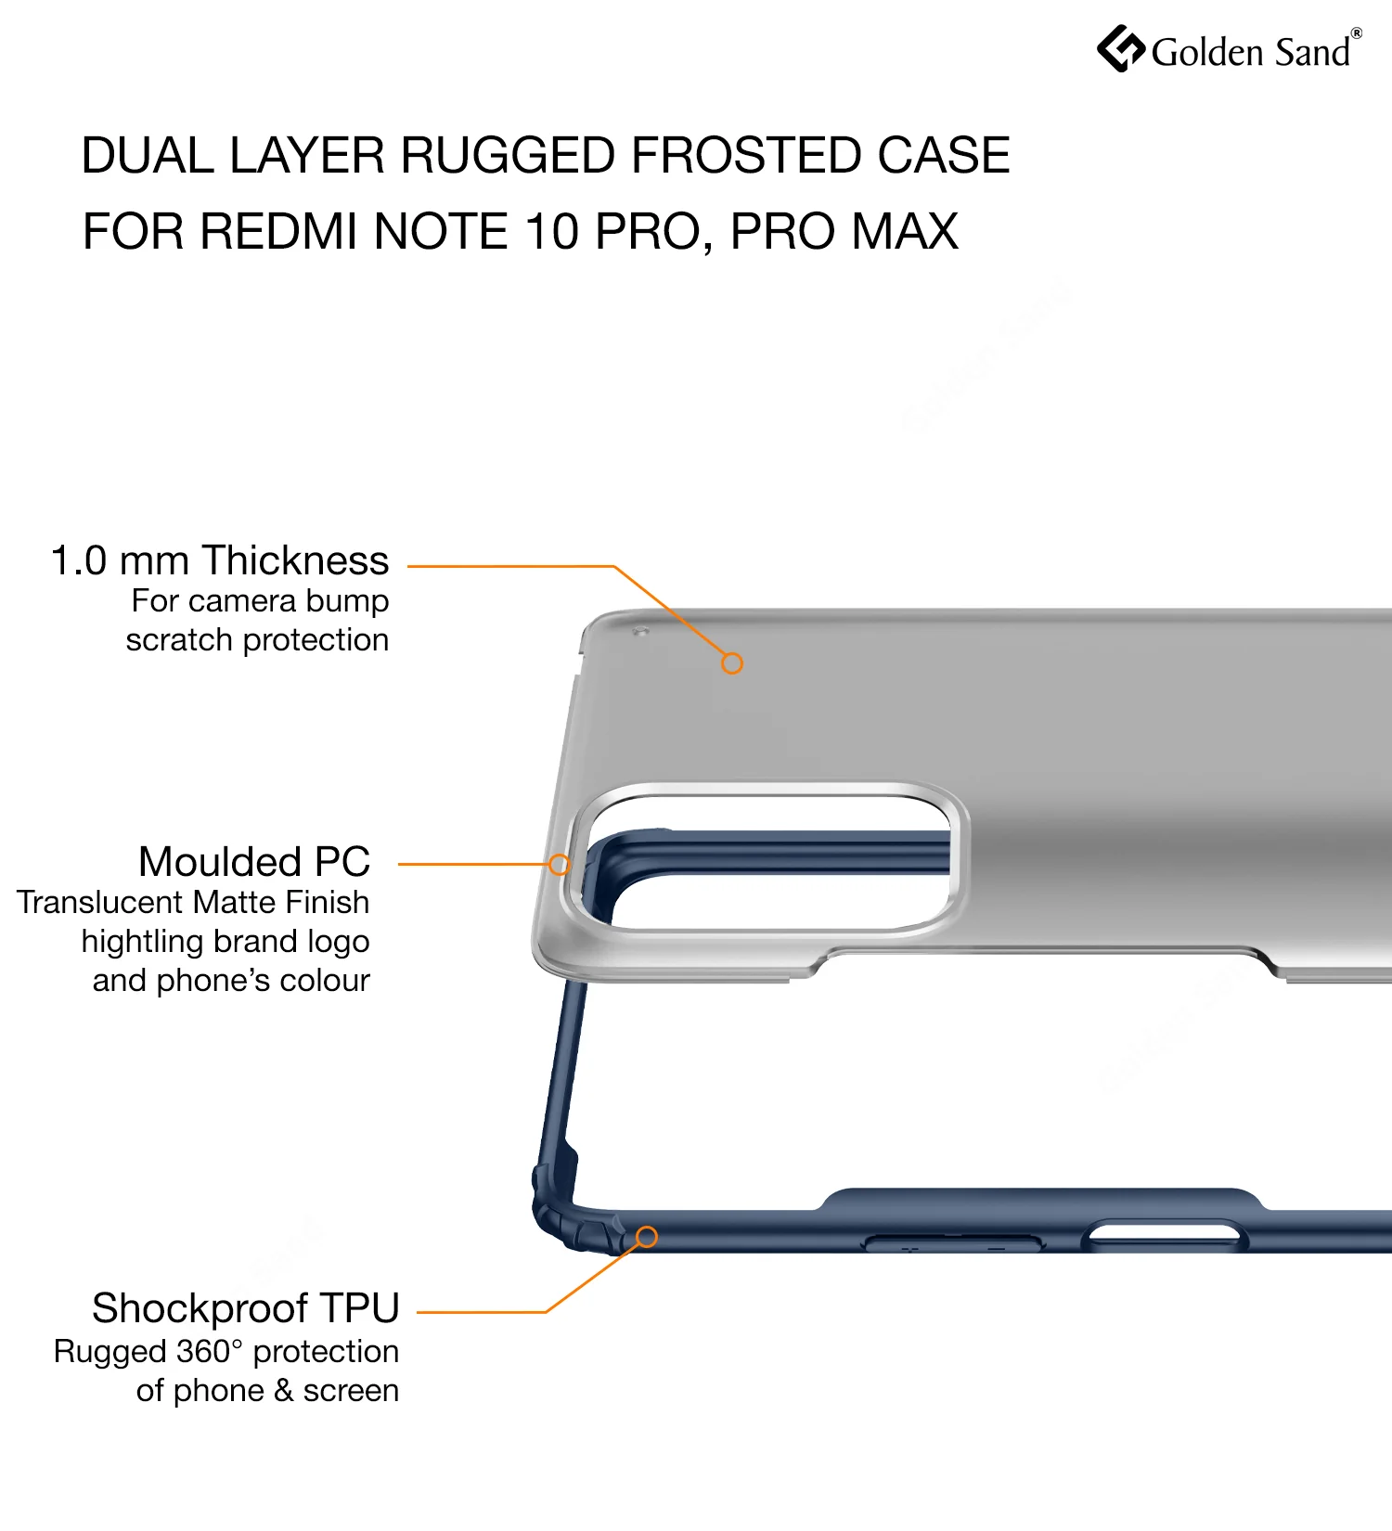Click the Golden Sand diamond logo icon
click(x=1121, y=48)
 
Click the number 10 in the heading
click(x=551, y=231)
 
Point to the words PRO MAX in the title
click(x=844, y=231)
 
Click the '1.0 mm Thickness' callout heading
click(x=220, y=560)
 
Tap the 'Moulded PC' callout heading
click(x=254, y=861)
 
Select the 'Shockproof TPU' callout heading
click(x=246, y=1308)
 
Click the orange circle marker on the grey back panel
click(x=732, y=663)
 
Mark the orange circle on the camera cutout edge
click(x=559, y=865)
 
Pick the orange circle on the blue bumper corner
click(x=647, y=1237)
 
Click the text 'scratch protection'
click(x=257, y=640)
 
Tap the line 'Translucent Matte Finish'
click(x=193, y=902)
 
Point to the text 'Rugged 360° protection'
click(x=226, y=1352)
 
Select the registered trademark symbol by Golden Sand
click(x=1356, y=33)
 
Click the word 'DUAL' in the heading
click(x=148, y=155)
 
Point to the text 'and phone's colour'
click(x=231, y=980)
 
